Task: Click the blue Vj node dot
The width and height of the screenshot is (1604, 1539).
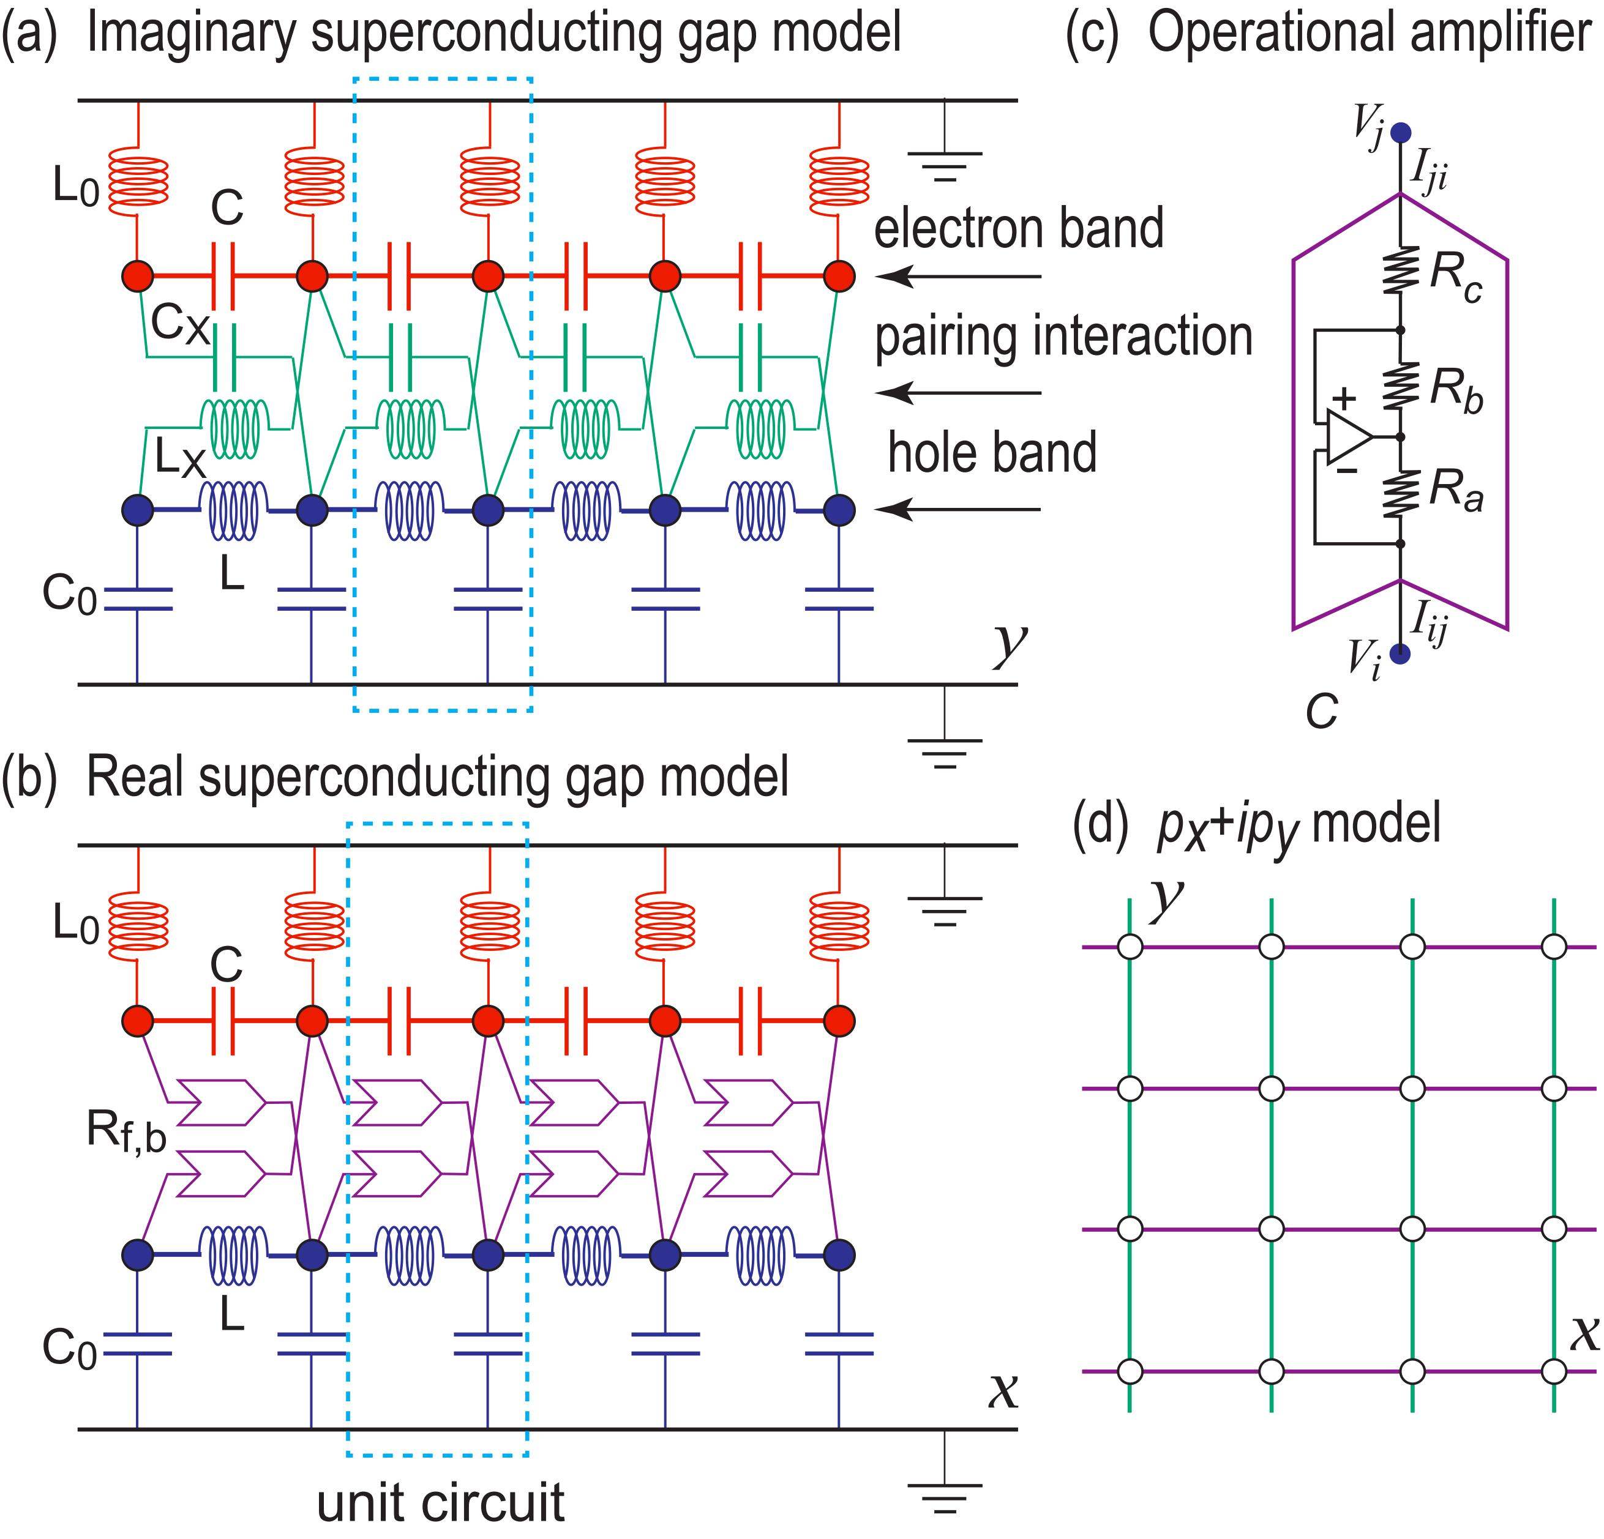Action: tap(1401, 132)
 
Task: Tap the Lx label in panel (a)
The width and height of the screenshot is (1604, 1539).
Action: tap(181, 461)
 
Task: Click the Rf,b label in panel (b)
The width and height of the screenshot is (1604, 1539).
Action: tap(126, 1134)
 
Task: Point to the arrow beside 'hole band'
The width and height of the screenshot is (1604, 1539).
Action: tap(958, 510)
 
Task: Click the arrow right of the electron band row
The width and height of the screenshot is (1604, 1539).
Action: tap(958, 277)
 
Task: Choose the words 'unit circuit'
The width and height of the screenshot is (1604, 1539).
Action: tap(440, 1502)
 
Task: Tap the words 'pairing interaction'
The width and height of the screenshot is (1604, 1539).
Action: tap(1064, 337)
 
